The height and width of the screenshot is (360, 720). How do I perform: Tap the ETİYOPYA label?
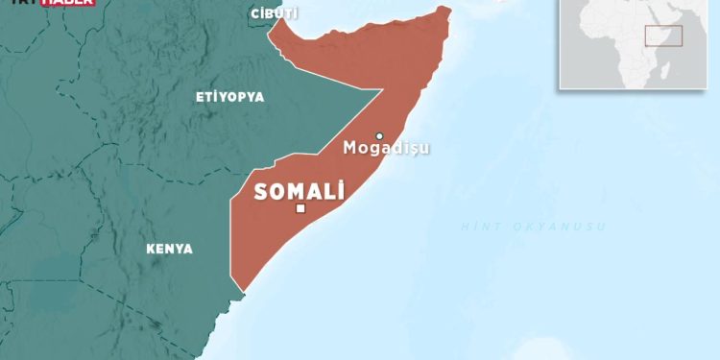coord(229,97)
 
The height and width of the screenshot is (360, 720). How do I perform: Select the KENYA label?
coord(169,249)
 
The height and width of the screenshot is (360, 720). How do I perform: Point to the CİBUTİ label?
coord(274,12)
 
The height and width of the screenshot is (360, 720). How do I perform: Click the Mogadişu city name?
coord(386,149)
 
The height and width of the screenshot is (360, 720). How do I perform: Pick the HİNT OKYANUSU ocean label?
coord(533,226)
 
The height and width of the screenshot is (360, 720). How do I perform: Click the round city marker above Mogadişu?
coord(379,135)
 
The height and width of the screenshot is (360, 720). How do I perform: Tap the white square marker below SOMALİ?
coord(300,208)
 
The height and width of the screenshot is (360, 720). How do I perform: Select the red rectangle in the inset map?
coord(663,36)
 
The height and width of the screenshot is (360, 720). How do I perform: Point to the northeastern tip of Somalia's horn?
coord(445,11)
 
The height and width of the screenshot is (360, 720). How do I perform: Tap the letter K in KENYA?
coord(150,249)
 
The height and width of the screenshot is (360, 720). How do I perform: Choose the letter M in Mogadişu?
coord(349,149)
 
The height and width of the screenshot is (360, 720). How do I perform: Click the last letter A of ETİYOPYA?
coord(259,97)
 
